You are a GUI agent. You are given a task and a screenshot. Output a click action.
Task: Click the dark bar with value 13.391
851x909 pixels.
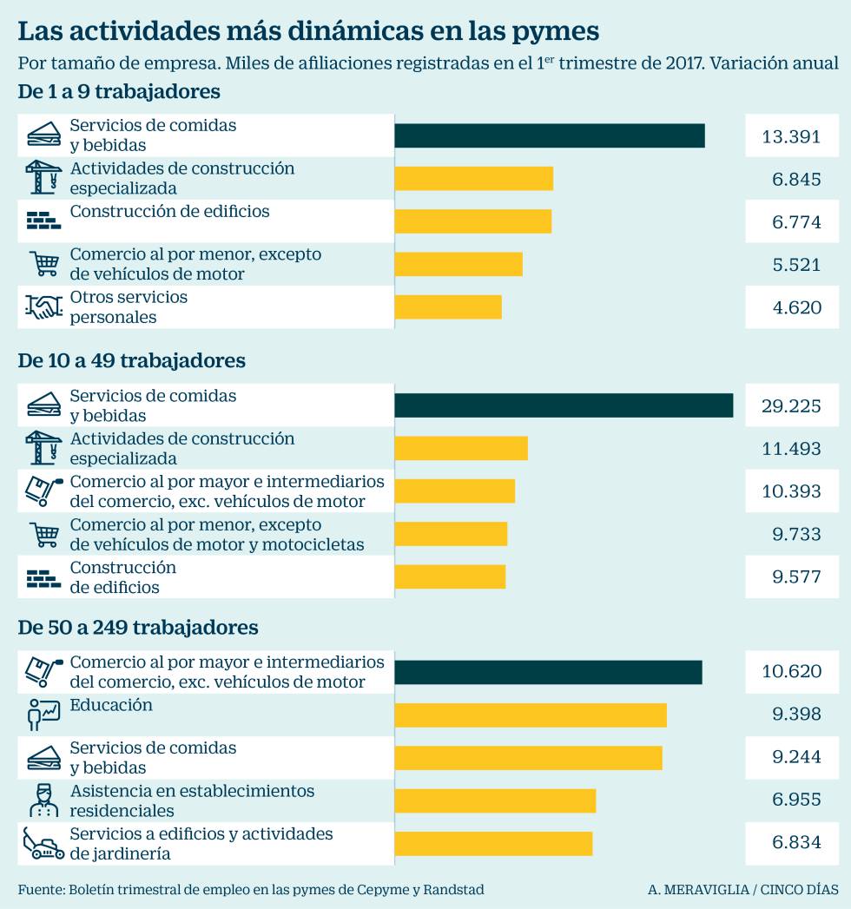click(549, 136)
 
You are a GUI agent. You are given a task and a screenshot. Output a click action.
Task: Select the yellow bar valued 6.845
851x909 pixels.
click(473, 178)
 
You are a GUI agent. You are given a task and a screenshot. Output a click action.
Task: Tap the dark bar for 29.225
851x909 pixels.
click(564, 405)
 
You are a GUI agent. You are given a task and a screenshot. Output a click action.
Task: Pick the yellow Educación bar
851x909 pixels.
click(530, 715)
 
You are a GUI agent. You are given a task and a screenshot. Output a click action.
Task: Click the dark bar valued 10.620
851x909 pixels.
click(548, 672)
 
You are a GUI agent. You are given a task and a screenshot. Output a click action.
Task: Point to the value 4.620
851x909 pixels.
click(796, 307)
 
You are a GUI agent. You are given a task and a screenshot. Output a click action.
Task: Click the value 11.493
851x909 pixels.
click(791, 448)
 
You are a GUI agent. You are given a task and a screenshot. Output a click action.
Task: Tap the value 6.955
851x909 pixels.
click(796, 800)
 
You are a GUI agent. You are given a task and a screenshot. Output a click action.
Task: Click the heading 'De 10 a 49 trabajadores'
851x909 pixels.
click(132, 360)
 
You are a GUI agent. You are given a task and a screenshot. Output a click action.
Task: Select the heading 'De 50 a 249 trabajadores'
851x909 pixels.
click(138, 627)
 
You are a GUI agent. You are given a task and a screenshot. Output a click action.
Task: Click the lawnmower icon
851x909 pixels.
click(43, 843)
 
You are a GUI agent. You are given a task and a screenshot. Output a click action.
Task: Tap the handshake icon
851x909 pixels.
click(43, 307)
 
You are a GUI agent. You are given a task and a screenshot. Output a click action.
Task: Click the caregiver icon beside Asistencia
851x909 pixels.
click(43, 800)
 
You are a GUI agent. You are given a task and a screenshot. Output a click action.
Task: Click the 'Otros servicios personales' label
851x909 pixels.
click(129, 307)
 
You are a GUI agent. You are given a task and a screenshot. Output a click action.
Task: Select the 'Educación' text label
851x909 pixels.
click(111, 705)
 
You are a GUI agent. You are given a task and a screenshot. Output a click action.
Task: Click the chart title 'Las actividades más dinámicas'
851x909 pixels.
click(308, 31)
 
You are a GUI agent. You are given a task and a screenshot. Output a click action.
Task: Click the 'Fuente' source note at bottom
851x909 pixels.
click(250, 890)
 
